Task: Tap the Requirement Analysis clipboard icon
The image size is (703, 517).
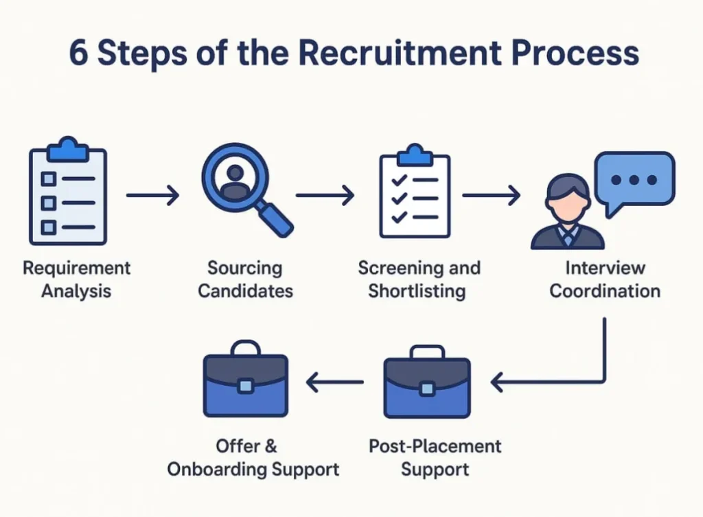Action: pyautogui.click(x=68, y=194)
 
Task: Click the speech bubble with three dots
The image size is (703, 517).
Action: pyautogui.click(x=634, y=180)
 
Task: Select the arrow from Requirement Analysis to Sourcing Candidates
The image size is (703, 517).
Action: pyautogui.click(x=152, y=196)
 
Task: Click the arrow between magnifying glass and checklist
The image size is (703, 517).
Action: pyautogui.click(x=325, y=196)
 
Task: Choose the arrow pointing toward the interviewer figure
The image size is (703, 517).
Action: pyautogui.click(x=491, y=196)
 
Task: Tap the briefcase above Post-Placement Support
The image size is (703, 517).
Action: pyautogui.click(x=426, y=384)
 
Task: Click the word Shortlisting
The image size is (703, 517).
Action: pyautogui.click(x=416, y=291)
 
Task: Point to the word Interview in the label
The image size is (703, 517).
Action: pyautogui.click(x=605, y=267)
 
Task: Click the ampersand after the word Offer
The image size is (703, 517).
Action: pyautogui.click(x=270, y=446)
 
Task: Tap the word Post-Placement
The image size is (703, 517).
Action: pyautogui.click(x=435, y=446)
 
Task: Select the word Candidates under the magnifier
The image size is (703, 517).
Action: pyautogui.click(x=245, y=291)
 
